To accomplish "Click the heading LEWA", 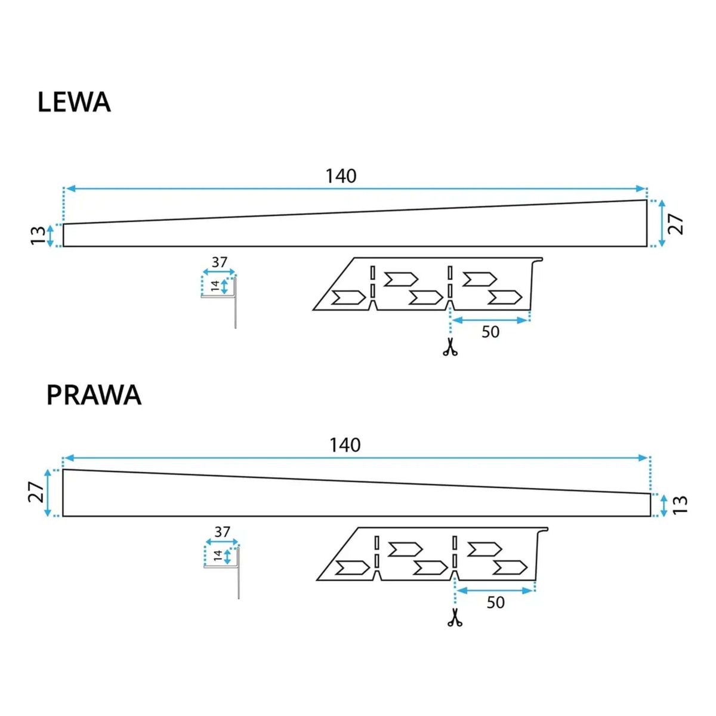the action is pos(75,102).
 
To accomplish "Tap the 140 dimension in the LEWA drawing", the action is pos(341,176).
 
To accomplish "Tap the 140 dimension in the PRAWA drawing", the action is pos(345,445).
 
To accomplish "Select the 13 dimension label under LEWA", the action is pos(38,236).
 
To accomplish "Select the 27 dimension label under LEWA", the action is pos(675,224).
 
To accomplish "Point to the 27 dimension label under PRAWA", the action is pos(36,493).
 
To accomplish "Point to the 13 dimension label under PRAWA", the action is pos(680,505).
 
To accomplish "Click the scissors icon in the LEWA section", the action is pos(450,347).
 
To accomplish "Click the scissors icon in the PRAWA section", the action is pos(455,618).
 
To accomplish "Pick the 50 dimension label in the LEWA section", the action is pos(490,332).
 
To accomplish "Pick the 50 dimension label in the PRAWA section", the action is pos(496,603).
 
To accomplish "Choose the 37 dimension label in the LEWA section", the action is pos(219,263).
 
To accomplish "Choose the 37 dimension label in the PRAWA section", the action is pos(222,532).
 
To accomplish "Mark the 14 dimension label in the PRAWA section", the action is pos(218,556).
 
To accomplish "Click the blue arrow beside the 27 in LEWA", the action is pos(661,223).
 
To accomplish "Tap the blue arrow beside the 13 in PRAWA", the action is pos(664,505).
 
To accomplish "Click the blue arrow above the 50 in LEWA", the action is pos(490,320).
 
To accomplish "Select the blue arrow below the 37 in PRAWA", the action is pos(222,542).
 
